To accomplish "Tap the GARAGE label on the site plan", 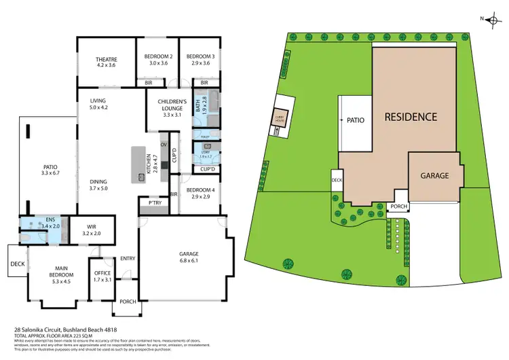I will tap(435, 175).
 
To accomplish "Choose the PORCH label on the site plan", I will tap(398, 206).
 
